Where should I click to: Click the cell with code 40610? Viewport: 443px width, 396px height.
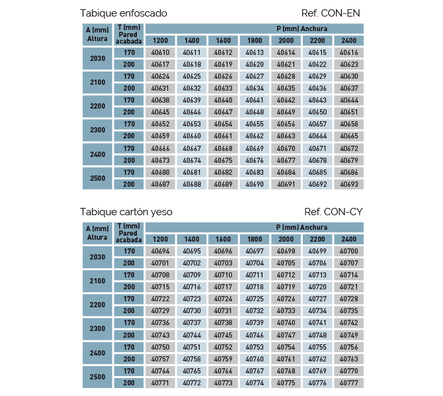(160, 53)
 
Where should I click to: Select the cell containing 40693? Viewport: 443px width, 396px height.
(349, 184)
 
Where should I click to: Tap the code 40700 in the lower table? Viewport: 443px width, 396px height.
(349, 251)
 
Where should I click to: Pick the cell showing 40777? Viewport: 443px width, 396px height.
(349, 383)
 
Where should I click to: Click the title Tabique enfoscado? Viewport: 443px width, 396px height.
(124, 13)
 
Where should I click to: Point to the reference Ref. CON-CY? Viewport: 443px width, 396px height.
(333, 212)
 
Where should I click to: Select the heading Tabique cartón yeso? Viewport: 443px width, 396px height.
(126, 212)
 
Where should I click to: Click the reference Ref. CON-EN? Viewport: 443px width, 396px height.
(331, 13)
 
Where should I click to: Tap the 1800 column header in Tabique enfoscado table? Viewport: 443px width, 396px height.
(255, 40)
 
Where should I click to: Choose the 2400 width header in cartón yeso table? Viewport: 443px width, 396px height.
(349, 239)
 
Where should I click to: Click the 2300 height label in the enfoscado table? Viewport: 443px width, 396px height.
(97, 130)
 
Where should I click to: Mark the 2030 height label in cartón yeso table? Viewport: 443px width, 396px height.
(97, 257)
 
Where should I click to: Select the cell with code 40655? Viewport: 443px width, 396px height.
(255, 124)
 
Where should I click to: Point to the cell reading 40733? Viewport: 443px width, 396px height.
(286, 311)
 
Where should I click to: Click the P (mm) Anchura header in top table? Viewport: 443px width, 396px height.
(302, 29)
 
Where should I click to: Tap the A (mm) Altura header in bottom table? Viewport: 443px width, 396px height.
(97, 233)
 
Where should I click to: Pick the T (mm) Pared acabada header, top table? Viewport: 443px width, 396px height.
(129, 34)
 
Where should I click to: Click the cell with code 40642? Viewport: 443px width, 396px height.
(286, 100)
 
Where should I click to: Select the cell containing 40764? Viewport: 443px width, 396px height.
(160, 371)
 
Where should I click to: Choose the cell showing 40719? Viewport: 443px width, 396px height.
(286, 287)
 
